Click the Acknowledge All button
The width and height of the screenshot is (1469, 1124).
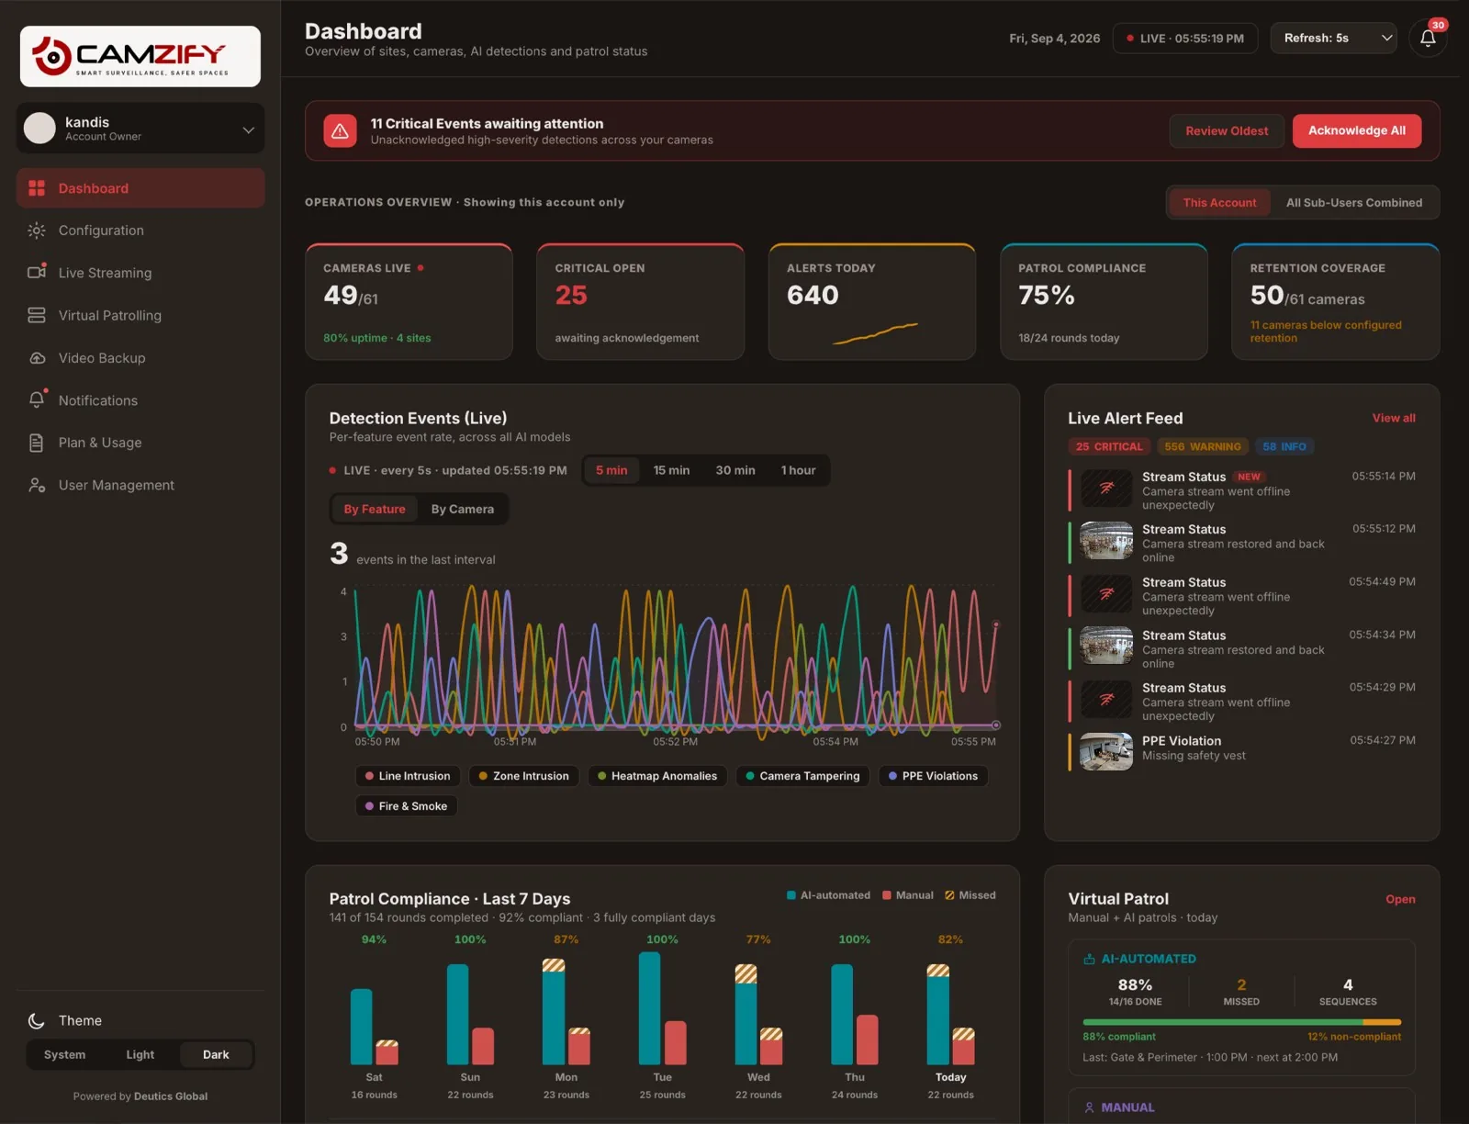pos(1357,130)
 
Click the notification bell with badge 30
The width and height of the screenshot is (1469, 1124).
pos(1428,39)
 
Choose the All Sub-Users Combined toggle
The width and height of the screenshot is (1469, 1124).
pos(1354,203)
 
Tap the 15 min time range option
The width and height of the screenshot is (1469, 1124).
pos(671,470)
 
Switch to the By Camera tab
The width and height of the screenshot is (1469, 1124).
pos(463,509)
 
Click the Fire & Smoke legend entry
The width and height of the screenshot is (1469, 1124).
pos(406,806)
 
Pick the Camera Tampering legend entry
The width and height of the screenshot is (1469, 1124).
pos(802,776)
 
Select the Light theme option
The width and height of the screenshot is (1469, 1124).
pos(140,1054)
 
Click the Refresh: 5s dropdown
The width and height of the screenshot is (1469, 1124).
pos(1333,39)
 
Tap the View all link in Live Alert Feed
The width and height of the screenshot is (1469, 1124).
pos(1394,418)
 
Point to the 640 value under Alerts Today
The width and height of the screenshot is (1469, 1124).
pos(813,295)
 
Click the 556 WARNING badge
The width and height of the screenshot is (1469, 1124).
pos(1202,446)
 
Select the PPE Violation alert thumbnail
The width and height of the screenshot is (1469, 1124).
pos(1105,751)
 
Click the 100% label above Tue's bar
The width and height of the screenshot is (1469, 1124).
pos(662,939)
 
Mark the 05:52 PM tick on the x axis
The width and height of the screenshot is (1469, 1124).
pos(675,742)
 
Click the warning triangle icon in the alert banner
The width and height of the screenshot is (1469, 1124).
pos(340,130)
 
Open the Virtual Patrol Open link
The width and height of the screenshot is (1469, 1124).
pos(1400,899)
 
